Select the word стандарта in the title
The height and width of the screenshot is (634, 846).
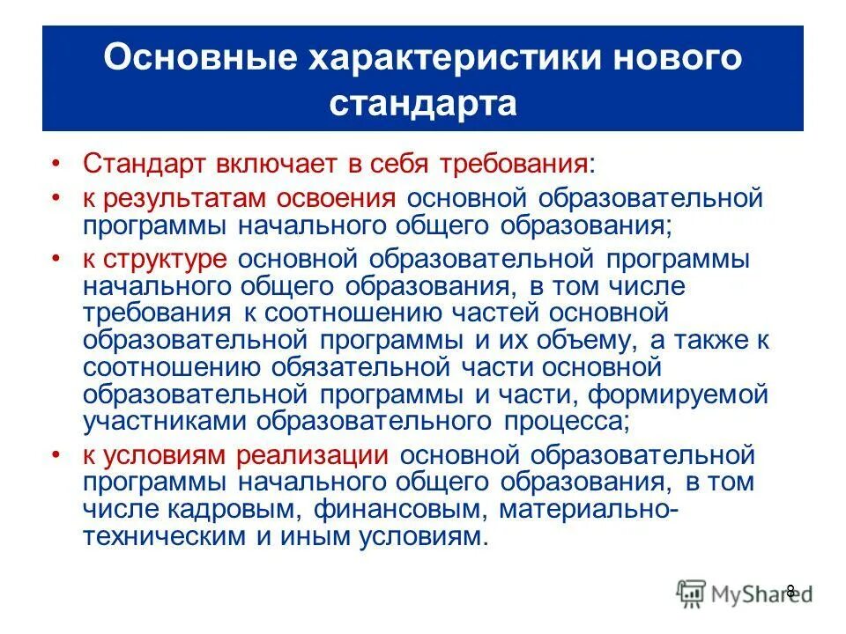[x=423, y=103]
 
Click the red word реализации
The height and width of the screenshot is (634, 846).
[x=312, y=457]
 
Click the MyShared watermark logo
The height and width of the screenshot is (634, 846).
[x=743, y=593]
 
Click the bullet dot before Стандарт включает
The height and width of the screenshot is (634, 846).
[x=56, y=165]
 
